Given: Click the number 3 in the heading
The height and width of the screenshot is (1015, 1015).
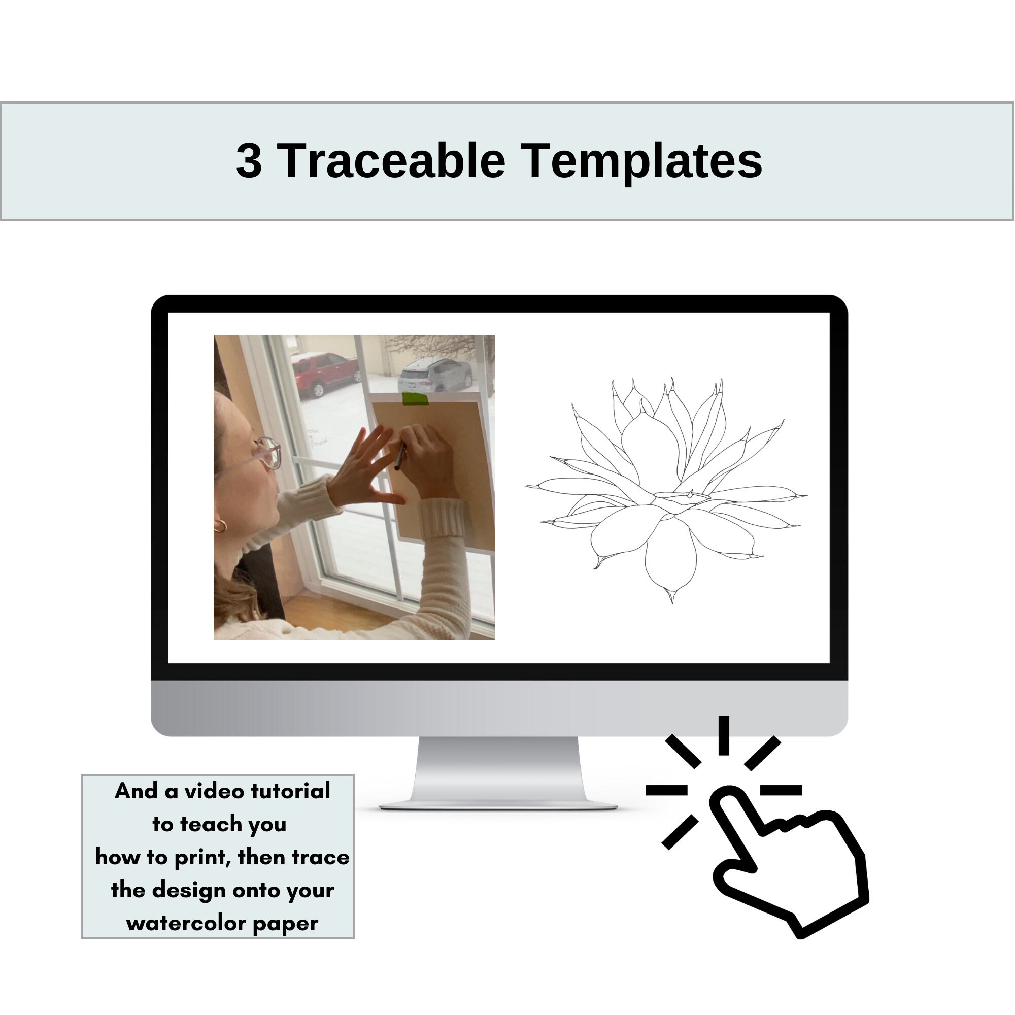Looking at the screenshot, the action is click(249, 161).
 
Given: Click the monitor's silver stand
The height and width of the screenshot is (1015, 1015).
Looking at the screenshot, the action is click(498, 773).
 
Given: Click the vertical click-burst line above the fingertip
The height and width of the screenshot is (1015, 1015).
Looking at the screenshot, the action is click(724, 735).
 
